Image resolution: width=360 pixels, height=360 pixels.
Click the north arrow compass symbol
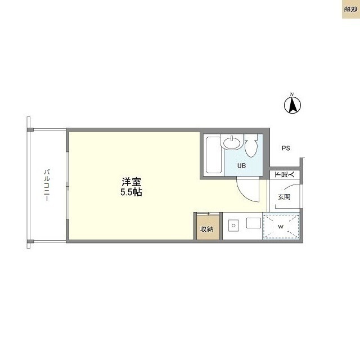click(x=292, y=105)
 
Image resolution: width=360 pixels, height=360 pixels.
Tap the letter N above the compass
click(x=292, y=94)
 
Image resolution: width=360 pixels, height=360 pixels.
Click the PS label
click(x=286, y=148)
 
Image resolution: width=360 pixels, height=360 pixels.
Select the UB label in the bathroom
click(x=241, y=165)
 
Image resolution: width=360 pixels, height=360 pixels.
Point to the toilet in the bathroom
click(x=251, y=146)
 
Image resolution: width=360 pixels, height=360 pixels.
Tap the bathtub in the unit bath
click(x=213, y=155)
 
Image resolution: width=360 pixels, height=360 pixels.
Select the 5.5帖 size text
click(x=132, y=192)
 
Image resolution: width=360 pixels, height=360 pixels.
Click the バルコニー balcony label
click(x=47, y=186)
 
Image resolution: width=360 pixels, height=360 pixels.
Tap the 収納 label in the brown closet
click(x=206, y=229)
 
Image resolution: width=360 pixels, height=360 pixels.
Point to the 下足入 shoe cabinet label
click(x=280, y=175)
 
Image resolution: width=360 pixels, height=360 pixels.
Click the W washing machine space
click(x=281, y=227)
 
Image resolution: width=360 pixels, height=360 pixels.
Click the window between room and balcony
click(x=67, y=186)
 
